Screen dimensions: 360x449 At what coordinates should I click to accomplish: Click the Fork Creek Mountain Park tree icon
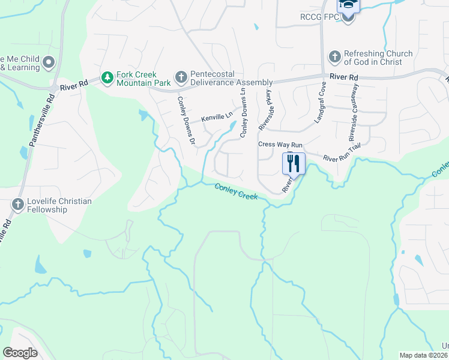(107, 77)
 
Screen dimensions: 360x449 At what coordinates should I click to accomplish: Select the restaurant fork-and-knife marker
(294, 163)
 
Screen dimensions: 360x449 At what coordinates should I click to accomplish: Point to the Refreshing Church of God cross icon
(334, 58)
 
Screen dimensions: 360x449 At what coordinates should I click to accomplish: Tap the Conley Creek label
(236, 192)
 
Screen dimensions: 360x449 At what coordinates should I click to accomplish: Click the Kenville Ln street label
(216, 118)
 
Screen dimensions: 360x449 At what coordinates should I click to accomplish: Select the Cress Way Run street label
(280, 145)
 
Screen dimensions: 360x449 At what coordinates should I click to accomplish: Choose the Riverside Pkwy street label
(264, 112)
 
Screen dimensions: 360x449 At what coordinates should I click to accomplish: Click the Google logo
(20, 353)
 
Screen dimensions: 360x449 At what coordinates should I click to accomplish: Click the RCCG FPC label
(324, 17)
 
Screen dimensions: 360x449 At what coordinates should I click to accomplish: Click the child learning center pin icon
(49, 62)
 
